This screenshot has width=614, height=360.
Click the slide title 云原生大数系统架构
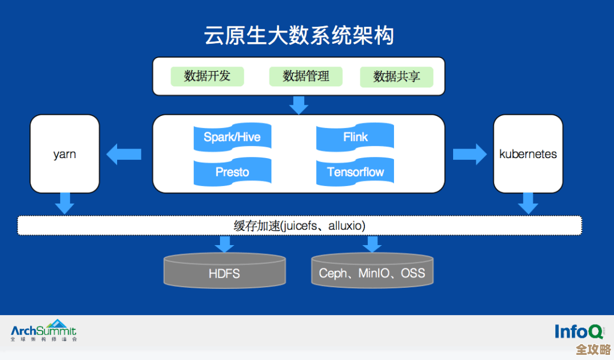coord(298,36)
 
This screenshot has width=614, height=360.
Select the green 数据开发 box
coord(207,76)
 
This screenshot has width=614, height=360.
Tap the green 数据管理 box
coord(306,76)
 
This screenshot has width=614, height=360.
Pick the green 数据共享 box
coord(396,77)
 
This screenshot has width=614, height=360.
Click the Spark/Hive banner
coord(232,137)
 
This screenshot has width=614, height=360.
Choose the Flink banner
coord(355,137)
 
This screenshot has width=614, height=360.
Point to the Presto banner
coord(232,172)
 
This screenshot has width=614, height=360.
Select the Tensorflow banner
coord(355,172)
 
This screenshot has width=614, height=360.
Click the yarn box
coord(65,154)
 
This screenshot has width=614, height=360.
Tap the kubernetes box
coord(528,154)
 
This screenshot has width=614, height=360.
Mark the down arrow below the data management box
coord(298,105)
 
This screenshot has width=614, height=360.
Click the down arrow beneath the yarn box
coord(65,204)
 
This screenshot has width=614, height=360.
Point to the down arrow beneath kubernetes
coord(528,204)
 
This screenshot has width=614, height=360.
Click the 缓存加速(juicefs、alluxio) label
coord(299,226)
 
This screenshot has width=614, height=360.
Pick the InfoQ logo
coord(579,331)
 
